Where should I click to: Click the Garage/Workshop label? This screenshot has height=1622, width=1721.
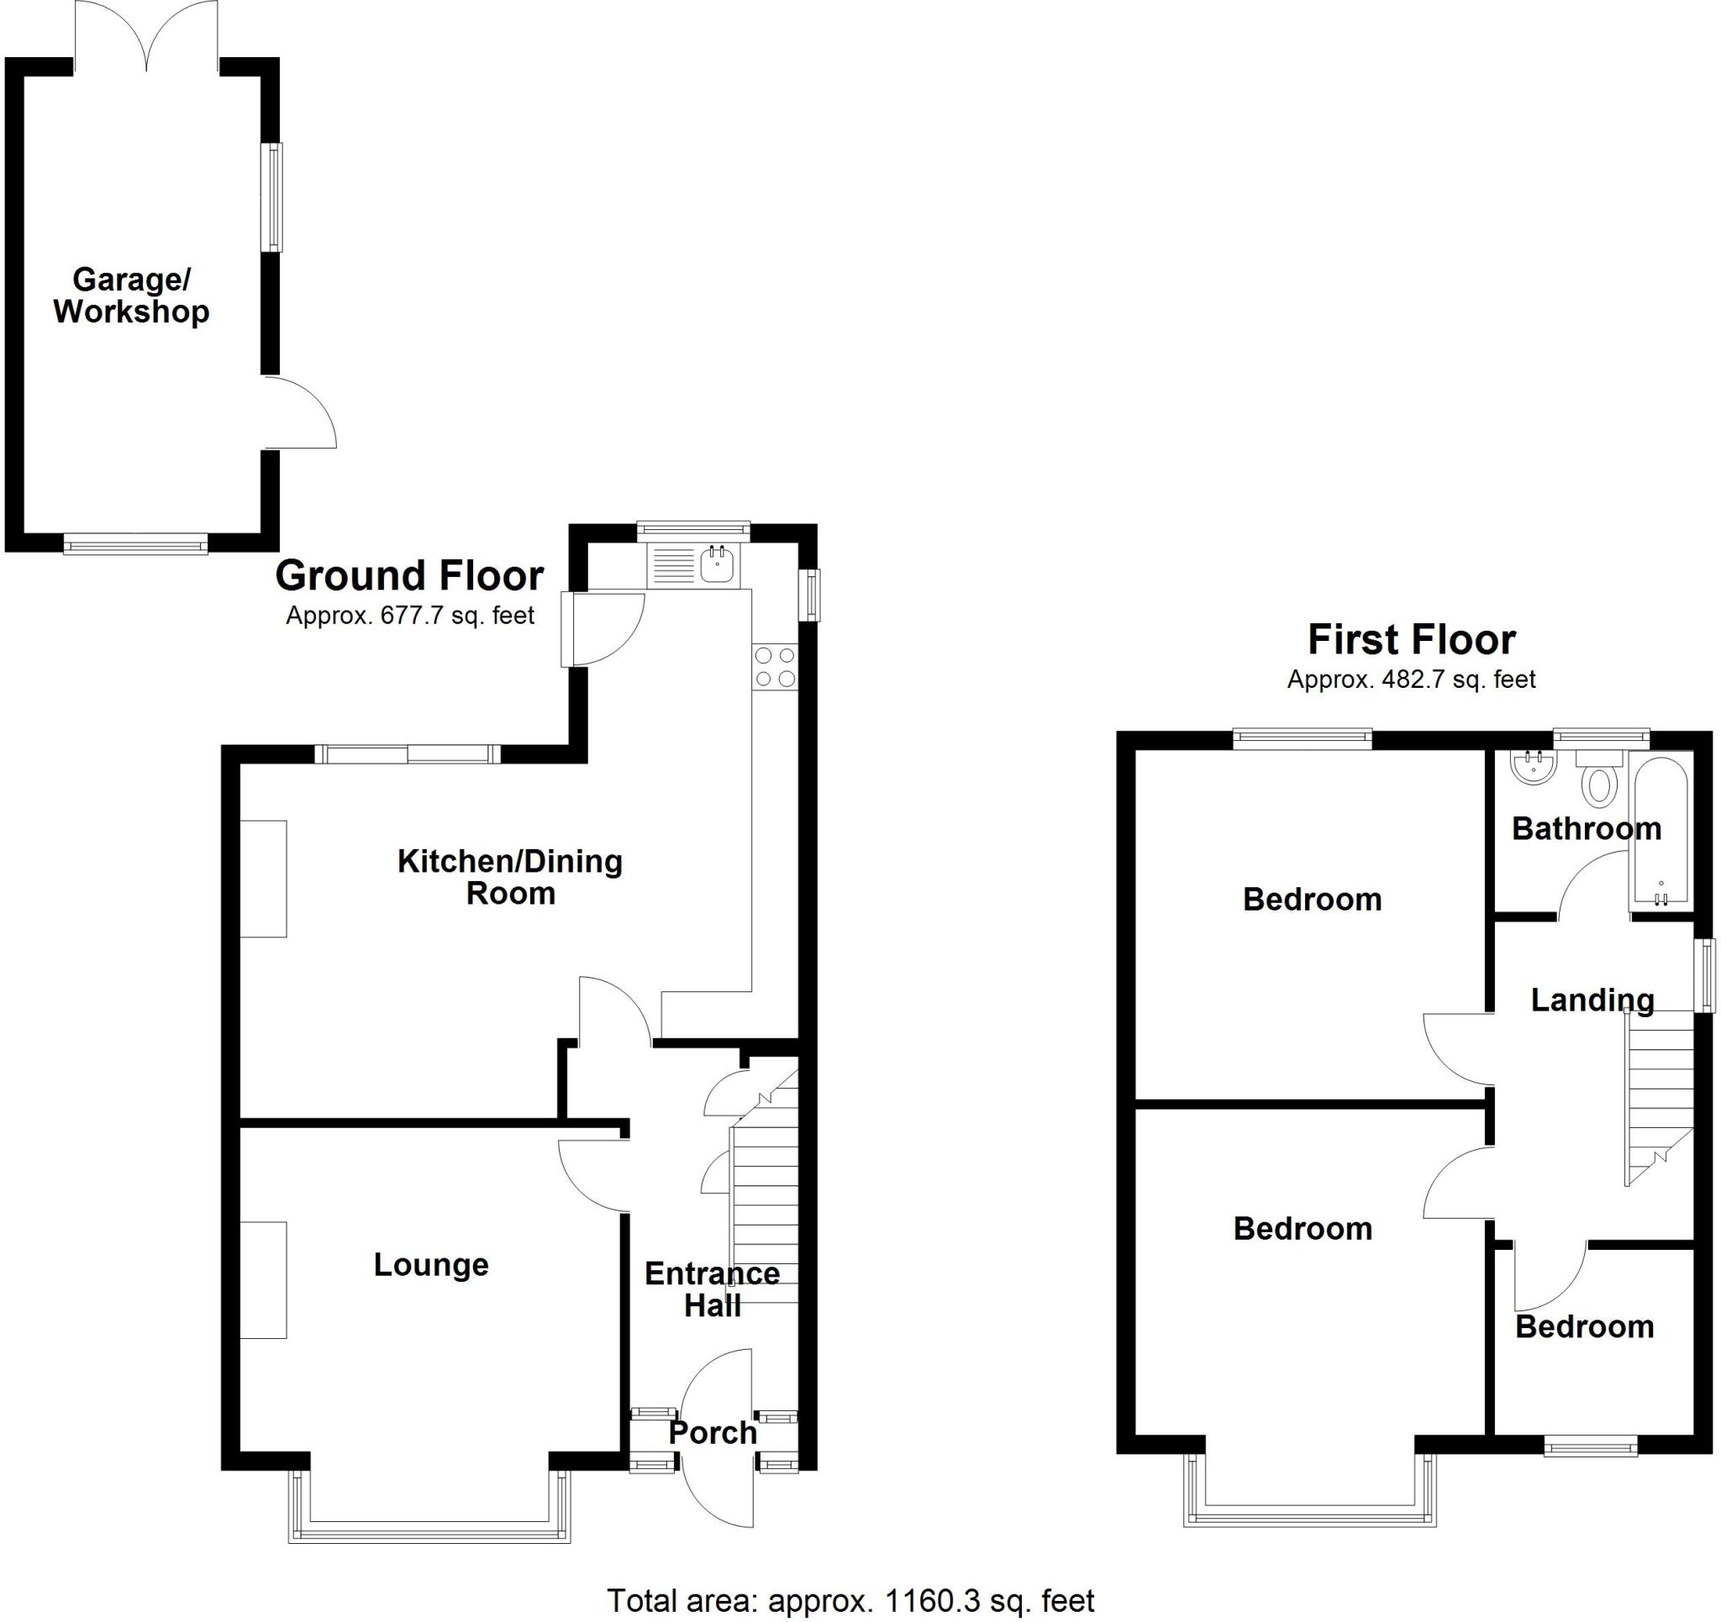(132, 295)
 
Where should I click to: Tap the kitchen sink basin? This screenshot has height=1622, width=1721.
(718, 566)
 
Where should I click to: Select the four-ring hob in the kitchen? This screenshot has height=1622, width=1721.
(775, 667)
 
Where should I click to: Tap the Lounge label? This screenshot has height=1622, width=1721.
(431, 1264)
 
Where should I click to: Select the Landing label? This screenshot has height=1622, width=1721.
(1592, 1000)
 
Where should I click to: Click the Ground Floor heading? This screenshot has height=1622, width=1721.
(409, 575)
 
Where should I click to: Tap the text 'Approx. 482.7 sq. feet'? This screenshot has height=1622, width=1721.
(1411, 680)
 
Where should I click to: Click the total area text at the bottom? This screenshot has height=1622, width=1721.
(850, 1600)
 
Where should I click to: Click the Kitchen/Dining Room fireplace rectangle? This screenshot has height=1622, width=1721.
(263, 879)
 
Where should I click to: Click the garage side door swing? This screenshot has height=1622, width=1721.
(298, 413)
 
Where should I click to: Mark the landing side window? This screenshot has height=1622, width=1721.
(1704, 974)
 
